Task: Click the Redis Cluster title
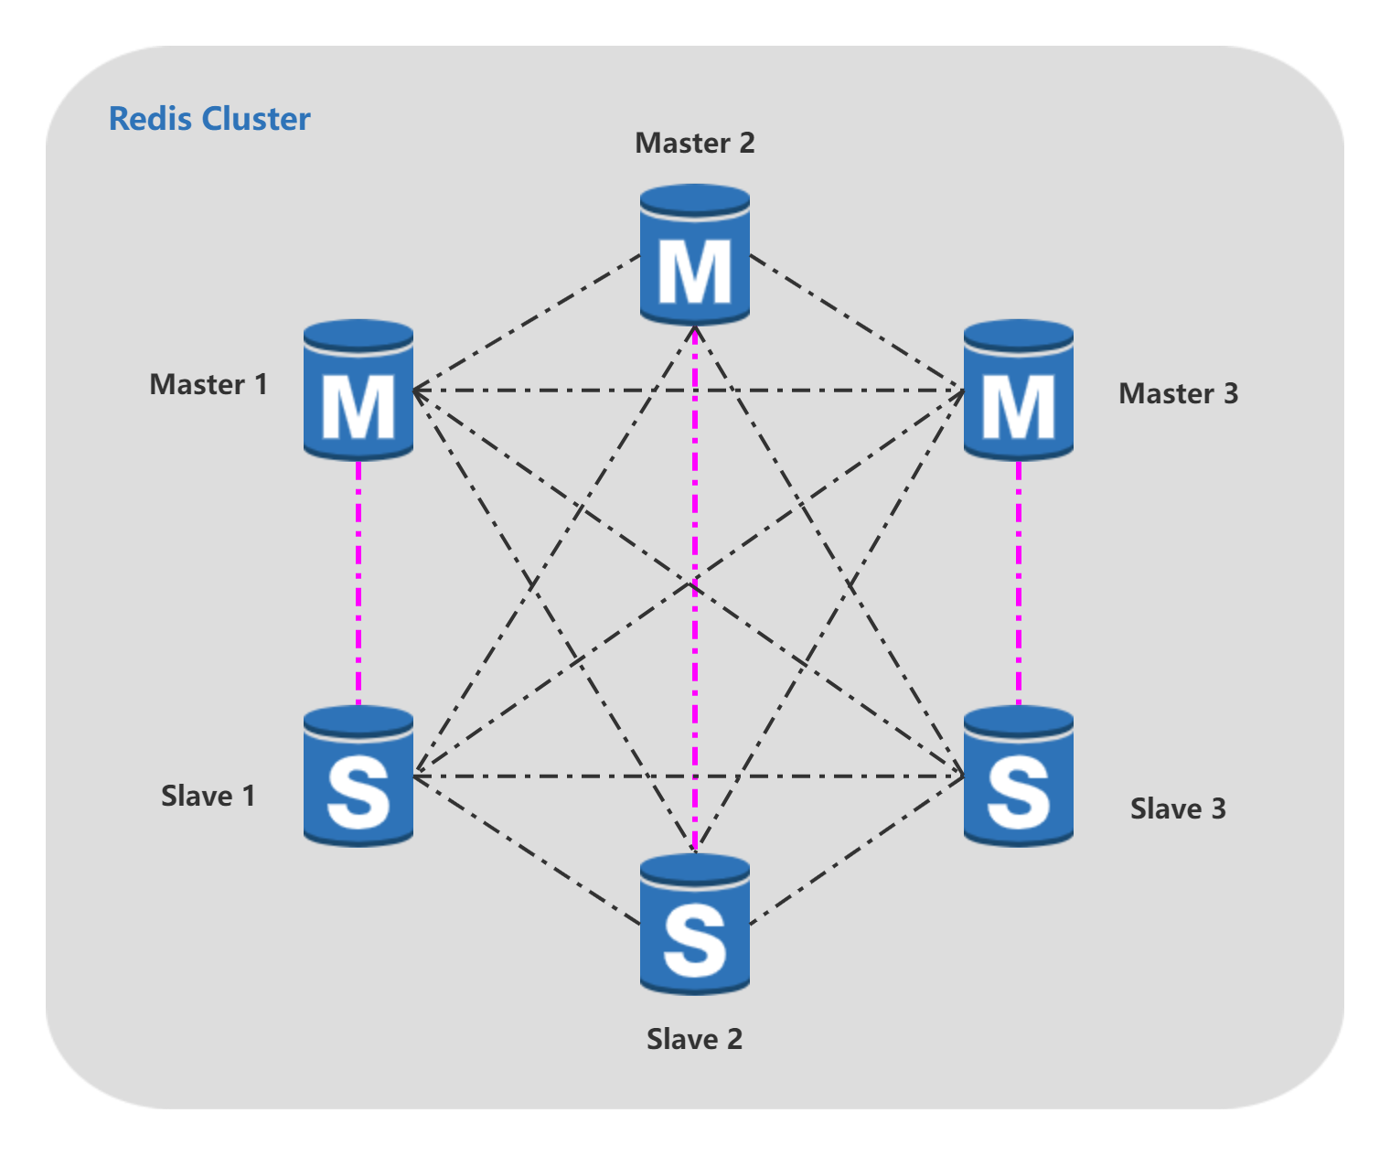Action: [x=209, y=119]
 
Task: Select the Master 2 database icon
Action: [x=695, y=255]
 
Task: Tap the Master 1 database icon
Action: [x=358, y=391]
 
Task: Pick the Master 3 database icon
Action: [x=1018, y=391]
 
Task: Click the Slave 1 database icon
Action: [x=358, y=776]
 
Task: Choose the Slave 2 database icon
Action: [x=695, y=925]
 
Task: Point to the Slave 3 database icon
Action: [x=1018, y=776]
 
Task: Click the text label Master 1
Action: [x=208, y=385]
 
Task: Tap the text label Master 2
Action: [x=695, y=144]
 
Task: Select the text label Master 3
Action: [x=1178, y=394]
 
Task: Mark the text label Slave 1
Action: [x=208, y=797]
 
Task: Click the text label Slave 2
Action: [x=694, y=1040]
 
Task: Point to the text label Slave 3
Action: [x=1178, y=809]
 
